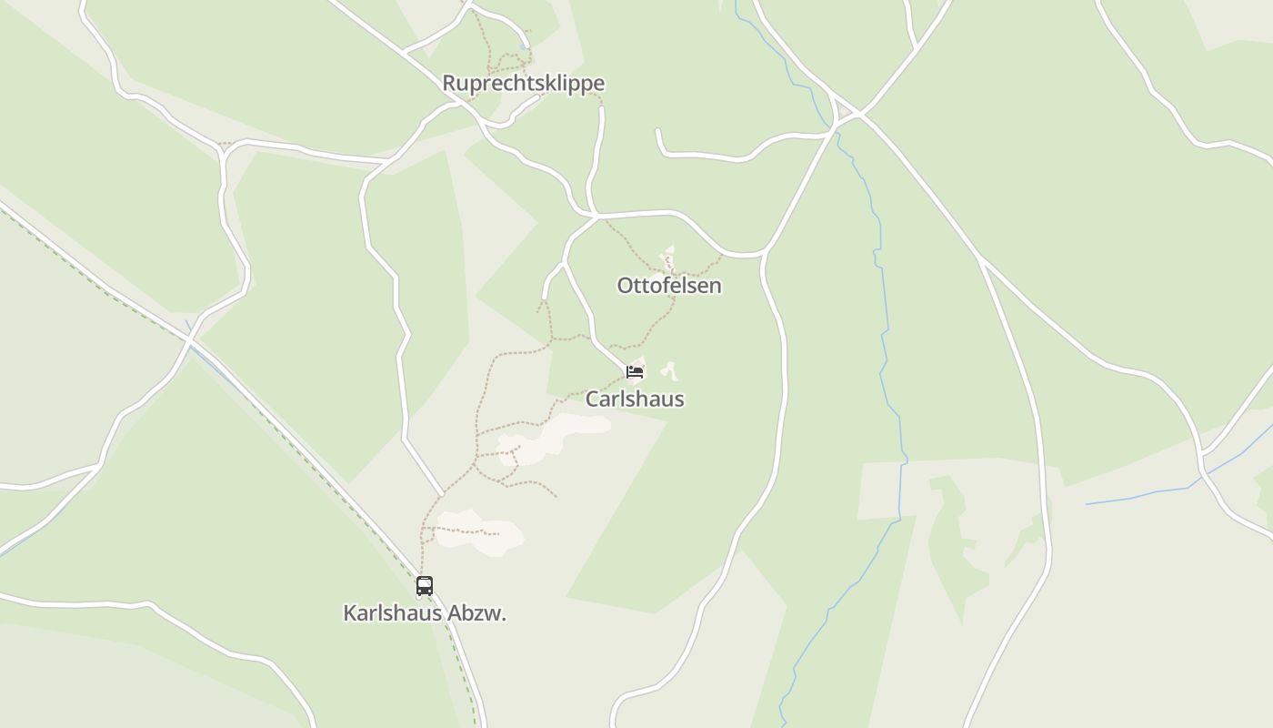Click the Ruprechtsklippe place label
click(x=523, y=84)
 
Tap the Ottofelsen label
click(x=668, y=286)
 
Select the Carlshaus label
click(x=634, y=399)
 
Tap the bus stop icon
click(x=425, y=586)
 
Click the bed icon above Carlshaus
click(x=635, y=371)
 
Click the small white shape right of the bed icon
click(x=670, y=369)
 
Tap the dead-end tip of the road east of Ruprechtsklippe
click(x=657, y=131)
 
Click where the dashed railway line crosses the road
click(x=189, y=339)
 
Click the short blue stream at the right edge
click(x=1146, y=494)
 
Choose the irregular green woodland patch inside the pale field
click(x=955, y=537)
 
